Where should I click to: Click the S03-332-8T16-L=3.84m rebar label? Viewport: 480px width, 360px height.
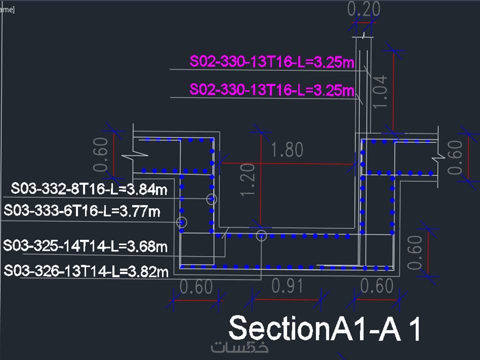click(89, 189)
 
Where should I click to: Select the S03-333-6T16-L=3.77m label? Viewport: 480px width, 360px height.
click(82, 211)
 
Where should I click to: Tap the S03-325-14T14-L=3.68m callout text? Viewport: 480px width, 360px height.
click(85, 246)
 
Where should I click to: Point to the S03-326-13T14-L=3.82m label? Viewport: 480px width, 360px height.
click(86, 271)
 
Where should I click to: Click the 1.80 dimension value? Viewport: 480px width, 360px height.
click(287, 149)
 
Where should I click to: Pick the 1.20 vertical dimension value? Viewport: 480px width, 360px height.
click(247, 179)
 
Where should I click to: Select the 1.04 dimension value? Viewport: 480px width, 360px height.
click(379, 91)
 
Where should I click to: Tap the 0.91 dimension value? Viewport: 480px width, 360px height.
click(287, 286)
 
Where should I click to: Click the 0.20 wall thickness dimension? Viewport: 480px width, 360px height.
click(363, 9)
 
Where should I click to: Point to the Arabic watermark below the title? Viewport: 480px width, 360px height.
click(239, 347)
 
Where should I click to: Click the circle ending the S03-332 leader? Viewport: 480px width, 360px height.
click(211, 199)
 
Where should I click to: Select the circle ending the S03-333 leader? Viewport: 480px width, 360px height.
click(181, 222)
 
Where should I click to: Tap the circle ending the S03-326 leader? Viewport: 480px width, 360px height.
click(261, 235)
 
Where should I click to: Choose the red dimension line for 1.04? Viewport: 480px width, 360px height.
click(393, 91)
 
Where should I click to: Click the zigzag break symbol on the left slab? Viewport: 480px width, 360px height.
click(134, 154)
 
